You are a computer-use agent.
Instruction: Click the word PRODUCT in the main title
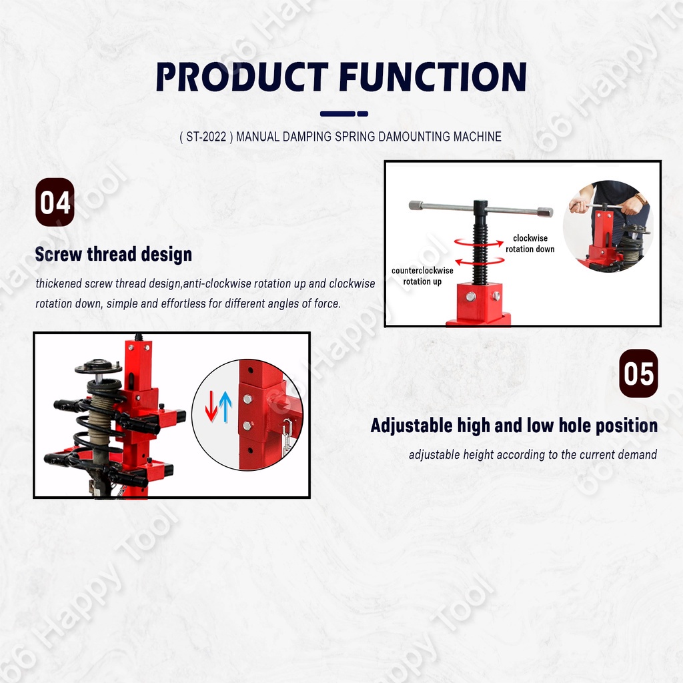coord(242,77)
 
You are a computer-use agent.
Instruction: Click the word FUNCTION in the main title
coord(433,77)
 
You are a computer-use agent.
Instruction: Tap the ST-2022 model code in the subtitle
coord(206,137)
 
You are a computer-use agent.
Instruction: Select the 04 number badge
coord(55,202)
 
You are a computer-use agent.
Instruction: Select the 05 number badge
coord(638,374)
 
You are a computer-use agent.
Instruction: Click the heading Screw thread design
coord(113,254)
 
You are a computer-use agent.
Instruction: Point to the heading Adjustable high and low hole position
coord(514,426)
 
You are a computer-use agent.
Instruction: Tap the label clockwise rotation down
coord(530,243)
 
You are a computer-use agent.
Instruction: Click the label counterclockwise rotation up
coord(422,275)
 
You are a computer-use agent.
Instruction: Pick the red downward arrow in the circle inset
coord(211,406)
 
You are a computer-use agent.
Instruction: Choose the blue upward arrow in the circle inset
coord(225,406)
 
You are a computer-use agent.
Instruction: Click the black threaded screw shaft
coord(480,244)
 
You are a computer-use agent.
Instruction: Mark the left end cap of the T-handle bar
coord(417,205)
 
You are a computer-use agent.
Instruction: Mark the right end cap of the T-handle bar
coord(545,213)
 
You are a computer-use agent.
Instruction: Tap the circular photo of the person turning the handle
coord(608,227)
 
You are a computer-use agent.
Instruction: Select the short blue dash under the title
coord(363,113)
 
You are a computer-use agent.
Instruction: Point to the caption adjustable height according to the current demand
coord(533,455)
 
